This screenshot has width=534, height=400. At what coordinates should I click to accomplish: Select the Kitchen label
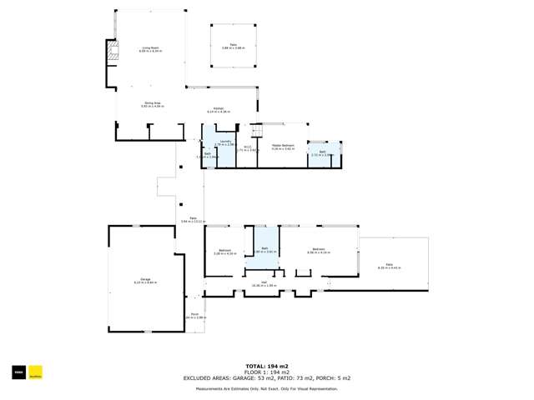[218, 110]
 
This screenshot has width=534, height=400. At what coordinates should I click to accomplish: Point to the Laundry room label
[219, 144]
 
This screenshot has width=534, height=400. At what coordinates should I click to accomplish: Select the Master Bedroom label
[283, 147]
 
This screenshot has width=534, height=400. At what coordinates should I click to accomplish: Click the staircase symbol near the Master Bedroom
[256, 132]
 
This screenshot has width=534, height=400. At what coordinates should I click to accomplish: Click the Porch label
[194, 316]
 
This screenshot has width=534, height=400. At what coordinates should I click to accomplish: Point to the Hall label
[264, 284]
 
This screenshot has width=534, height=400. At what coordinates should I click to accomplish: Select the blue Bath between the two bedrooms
[265, 249]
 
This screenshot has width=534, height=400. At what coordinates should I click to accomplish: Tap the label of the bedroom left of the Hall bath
[224, 252]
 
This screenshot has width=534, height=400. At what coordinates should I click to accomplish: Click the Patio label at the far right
[390, 267]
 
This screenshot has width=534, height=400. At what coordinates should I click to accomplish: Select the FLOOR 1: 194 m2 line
[267, 372]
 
